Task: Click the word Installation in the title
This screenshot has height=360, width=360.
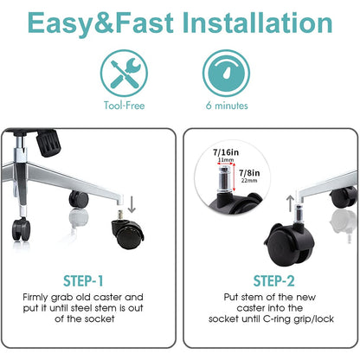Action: pos(258,22)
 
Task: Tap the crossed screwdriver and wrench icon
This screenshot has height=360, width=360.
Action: pos(124,74)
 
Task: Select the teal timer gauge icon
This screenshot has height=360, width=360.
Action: pos(226,73)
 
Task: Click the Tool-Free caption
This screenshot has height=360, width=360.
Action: pos(124,106)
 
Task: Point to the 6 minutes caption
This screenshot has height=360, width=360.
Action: pos(227,106)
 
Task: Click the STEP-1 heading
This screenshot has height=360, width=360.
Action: pos(83,281)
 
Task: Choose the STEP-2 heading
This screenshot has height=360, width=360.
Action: pos(273,281)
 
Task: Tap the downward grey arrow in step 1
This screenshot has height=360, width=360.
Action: pos(132,204)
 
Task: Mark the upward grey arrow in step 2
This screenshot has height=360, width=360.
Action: pos(291,202)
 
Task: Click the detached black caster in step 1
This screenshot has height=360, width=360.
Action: pos(127,232)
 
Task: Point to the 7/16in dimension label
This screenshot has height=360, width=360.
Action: pos(226,152)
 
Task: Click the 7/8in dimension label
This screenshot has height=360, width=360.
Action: pos(249,173)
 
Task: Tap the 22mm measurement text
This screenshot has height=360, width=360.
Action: pos(249,181)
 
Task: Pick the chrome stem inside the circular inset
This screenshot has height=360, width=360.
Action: pos(225,179)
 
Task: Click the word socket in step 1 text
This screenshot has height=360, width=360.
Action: pos(99,318)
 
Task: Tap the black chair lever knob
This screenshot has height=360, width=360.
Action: pos(48,143)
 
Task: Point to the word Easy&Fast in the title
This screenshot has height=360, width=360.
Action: pos(100,23)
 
